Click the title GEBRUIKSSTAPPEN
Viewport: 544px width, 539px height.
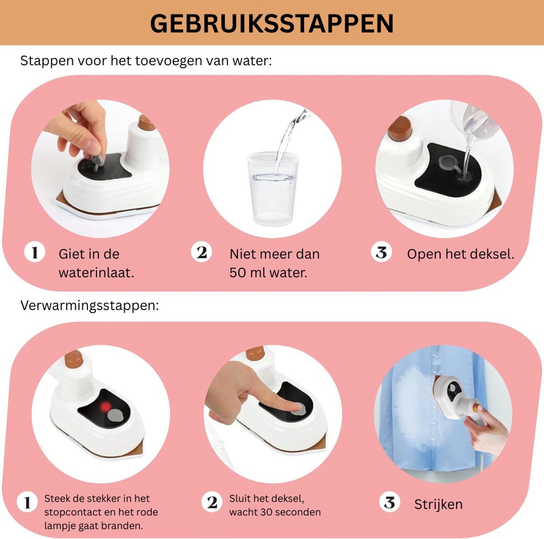coord(272,24)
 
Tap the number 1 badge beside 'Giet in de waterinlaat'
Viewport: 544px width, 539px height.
coord(35,252)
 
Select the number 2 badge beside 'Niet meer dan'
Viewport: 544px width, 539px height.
coord(201,252)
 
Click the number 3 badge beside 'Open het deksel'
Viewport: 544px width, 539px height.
coord(381,252)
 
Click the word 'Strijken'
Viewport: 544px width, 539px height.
coord(438,505)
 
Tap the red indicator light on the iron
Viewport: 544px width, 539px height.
coord(105,407)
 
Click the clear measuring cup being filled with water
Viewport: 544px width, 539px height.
coord(273,188)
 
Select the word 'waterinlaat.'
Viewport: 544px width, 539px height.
coord(96,273)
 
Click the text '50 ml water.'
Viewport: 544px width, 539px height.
coord(268,273)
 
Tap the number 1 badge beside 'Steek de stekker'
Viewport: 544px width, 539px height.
coord(27,502)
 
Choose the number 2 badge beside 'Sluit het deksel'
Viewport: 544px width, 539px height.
coord(212,502)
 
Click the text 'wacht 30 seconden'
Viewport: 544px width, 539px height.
coord(275,512)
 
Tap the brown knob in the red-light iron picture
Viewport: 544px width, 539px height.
coord(74,359)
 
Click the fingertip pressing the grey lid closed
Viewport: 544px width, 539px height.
coord(296,407)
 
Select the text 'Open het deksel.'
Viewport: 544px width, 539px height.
coord(461,254)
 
